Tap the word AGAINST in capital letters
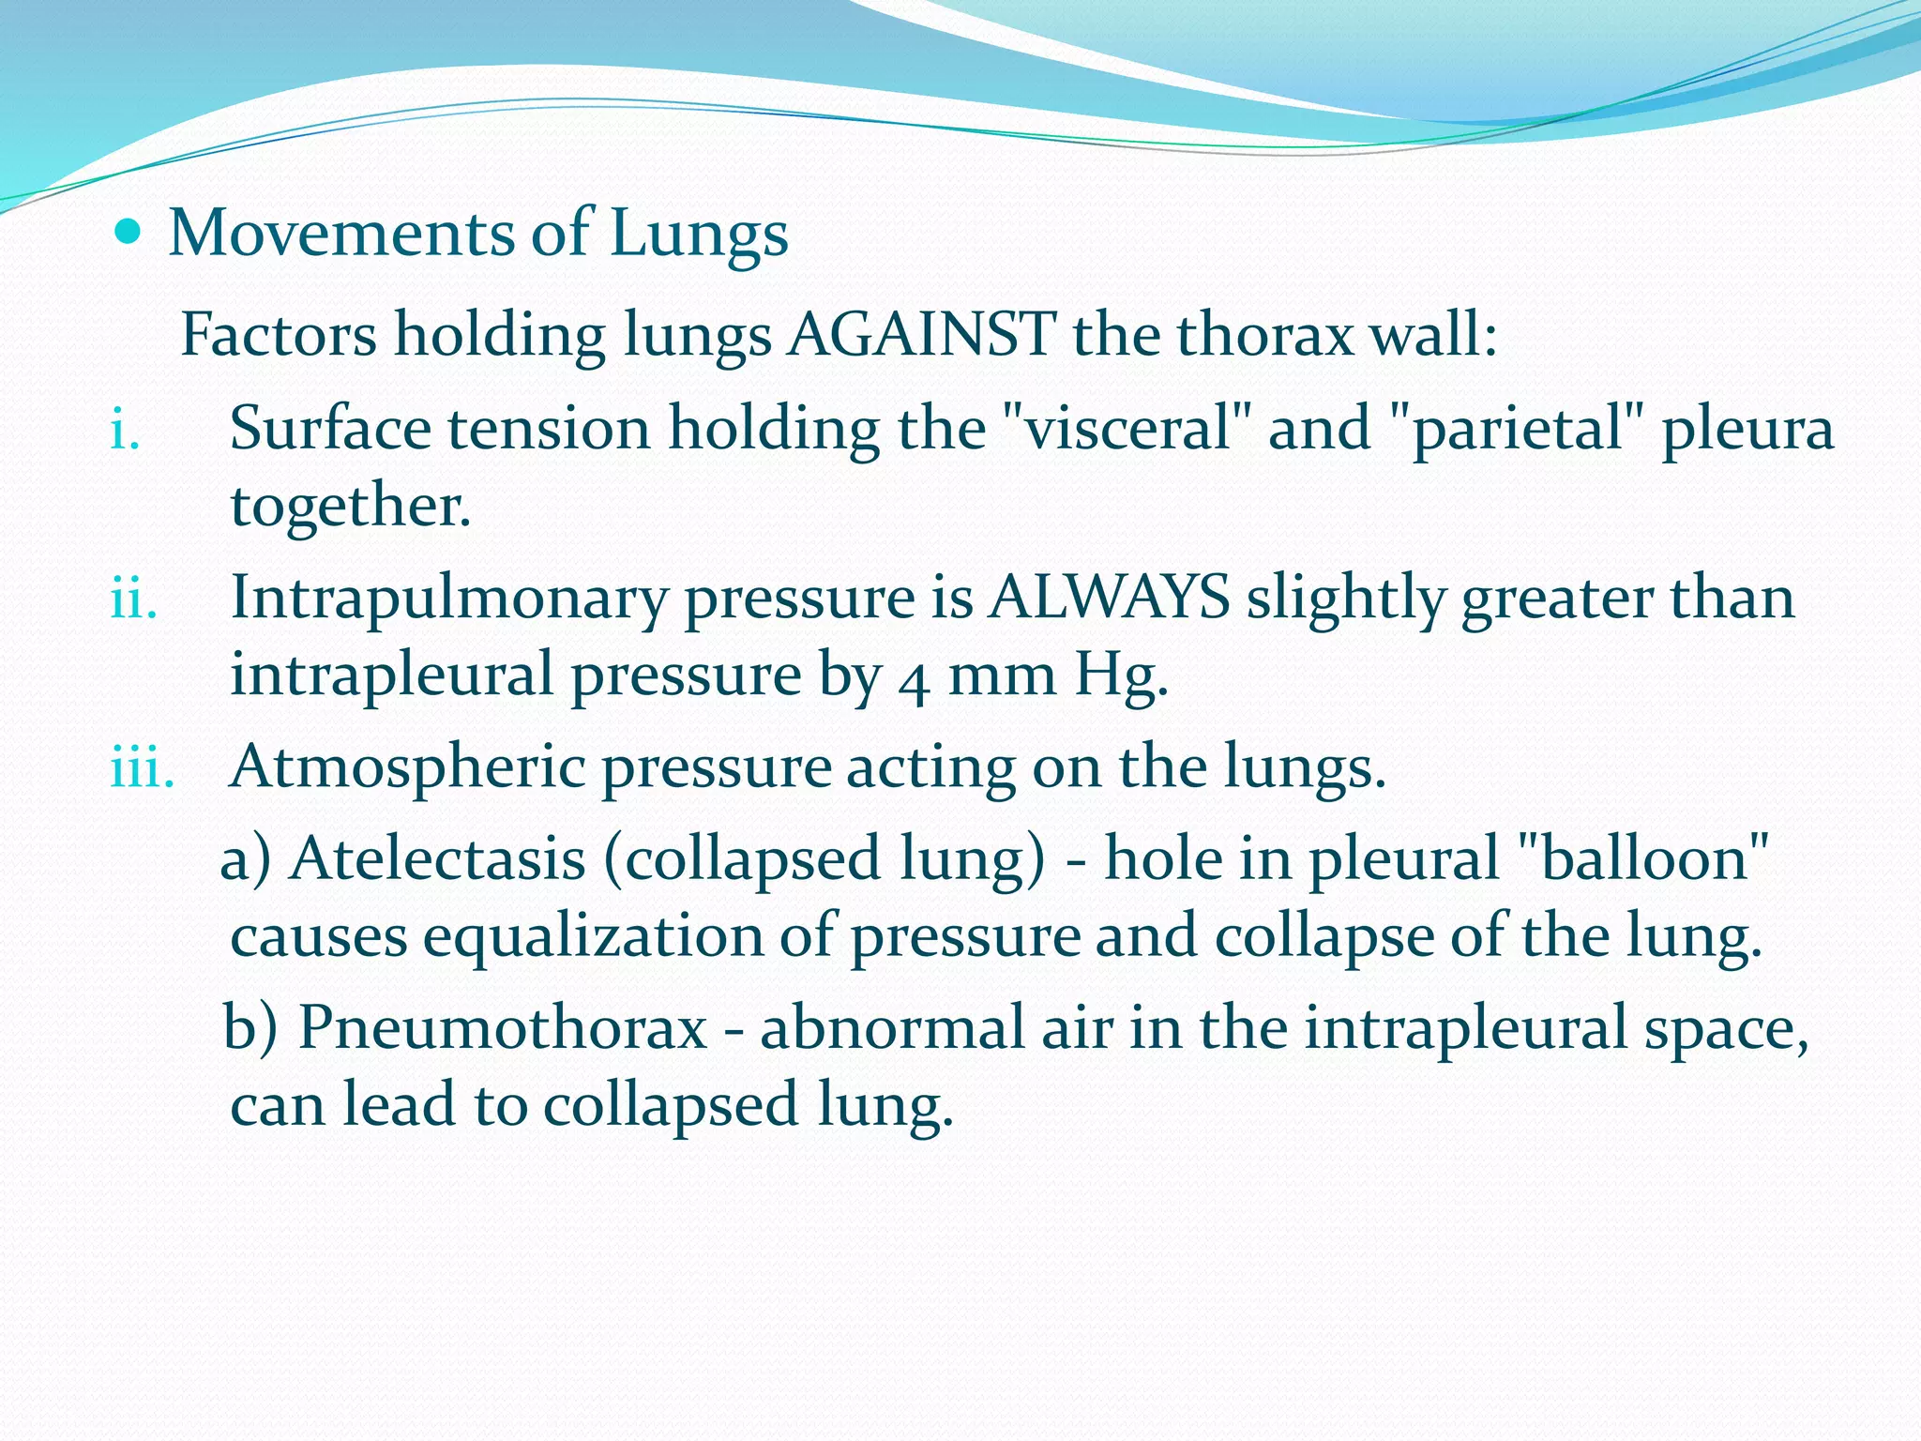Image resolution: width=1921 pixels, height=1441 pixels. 921,334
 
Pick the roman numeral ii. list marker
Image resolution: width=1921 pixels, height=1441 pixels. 133,599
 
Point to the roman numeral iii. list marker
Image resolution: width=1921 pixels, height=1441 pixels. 143,767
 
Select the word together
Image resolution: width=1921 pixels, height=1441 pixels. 350,507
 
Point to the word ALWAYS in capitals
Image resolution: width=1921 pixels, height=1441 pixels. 1109,598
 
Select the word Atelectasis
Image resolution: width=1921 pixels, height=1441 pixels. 438,859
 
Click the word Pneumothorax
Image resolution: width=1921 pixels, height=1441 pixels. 503,1028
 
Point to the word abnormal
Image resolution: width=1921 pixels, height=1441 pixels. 936,1027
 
